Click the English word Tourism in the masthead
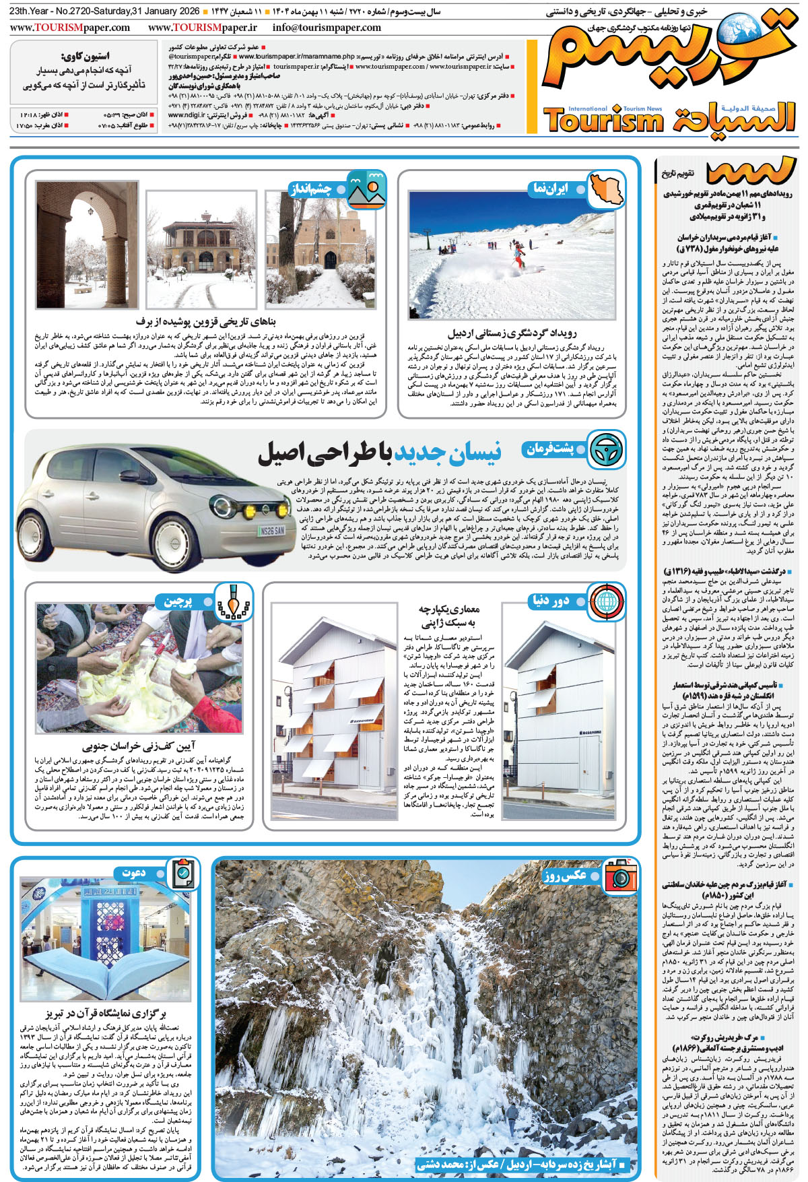(603, 121)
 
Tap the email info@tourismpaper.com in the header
(327, 28)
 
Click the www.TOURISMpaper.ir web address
(203, 28)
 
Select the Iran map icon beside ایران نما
(605, 189)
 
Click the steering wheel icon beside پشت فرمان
(605, 449)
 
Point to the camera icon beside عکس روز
(620, 876)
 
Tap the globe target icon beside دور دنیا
(605, 600)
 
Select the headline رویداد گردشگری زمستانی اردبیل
(512, 333)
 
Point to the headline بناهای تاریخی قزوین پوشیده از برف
(206, 322)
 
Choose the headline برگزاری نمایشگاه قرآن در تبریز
(106, 1013)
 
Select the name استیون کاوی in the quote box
(85, 56)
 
